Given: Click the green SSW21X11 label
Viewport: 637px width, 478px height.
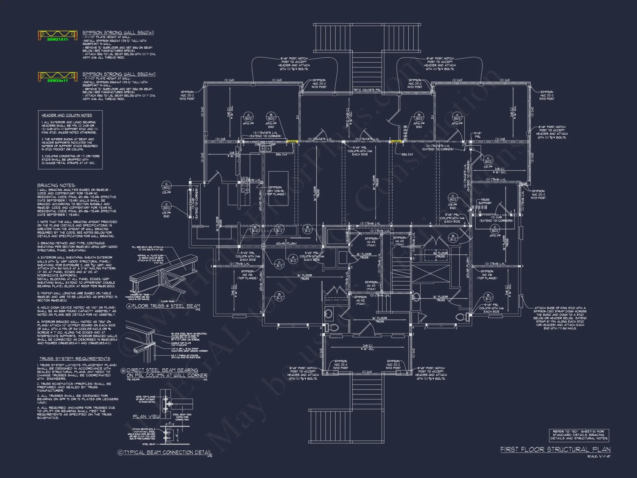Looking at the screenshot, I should point(58,40).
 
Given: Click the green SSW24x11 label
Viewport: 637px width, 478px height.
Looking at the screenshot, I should point(58,81).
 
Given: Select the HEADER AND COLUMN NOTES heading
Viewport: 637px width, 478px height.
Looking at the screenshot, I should point(67,115).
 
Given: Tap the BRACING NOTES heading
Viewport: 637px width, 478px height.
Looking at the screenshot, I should point(56,185).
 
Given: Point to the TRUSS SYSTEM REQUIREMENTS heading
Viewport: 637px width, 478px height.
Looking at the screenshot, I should point(75,358).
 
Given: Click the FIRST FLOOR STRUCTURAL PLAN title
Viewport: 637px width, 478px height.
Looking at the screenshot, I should point(555,449).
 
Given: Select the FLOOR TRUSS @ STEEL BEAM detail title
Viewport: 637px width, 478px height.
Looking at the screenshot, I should point(166,306).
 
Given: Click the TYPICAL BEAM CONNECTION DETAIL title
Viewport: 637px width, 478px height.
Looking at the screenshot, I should point(168,452).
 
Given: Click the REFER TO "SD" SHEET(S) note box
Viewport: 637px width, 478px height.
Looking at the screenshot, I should point(579,435).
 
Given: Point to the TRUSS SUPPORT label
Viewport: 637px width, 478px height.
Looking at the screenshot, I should point(485,201).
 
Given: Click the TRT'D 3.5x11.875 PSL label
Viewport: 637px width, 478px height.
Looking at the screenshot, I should point(367,90).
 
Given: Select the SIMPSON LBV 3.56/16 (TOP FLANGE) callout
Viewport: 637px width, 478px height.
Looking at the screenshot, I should point(276,191).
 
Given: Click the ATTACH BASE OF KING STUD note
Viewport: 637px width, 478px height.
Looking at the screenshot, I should point(560,318).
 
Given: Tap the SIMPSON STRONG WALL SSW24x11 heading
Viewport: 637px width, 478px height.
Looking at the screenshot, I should point(119,74).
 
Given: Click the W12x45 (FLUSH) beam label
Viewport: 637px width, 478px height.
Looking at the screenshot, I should point(286,243).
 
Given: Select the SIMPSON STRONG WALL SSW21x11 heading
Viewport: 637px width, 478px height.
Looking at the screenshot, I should point(118,33).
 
